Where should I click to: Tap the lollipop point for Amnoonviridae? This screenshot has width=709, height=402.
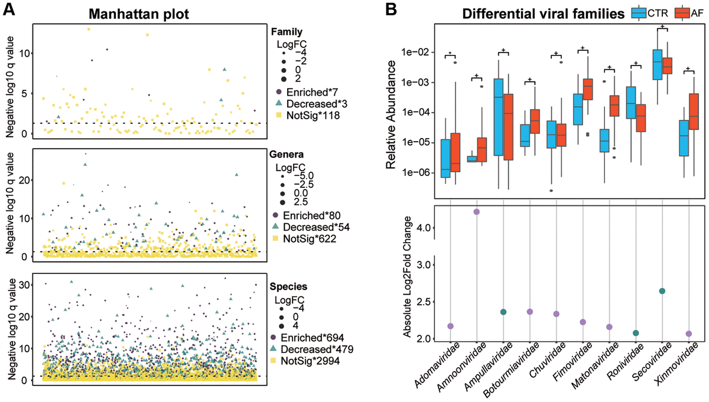coord(477,211)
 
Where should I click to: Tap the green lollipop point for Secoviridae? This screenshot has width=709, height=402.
coord(662,291)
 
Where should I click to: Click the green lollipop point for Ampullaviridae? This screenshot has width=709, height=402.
coord(503,312)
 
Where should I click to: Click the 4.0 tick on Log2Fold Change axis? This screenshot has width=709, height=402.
coord(422,227)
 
